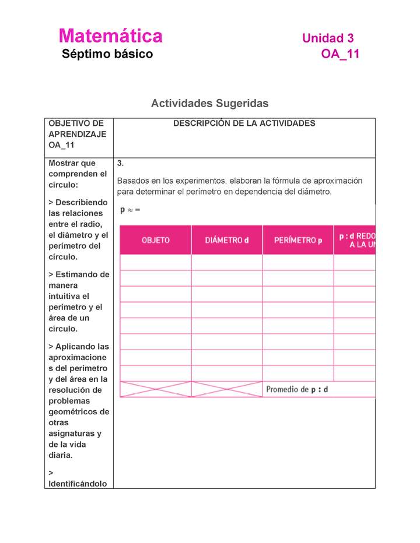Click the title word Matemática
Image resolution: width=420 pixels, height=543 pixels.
point(110,36)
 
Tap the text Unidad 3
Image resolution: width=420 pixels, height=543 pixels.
point(327,38)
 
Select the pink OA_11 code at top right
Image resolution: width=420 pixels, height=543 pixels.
point(340,54)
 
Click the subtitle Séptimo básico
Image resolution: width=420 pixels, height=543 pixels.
point(107,54)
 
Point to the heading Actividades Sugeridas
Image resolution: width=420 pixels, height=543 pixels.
point(209,103)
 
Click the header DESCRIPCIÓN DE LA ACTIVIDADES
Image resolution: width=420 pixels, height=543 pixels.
point(244,124)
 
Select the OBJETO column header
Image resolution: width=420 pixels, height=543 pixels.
point(155,240)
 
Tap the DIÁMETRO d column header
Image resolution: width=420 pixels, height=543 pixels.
point(226,240)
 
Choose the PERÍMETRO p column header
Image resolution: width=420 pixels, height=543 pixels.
point(297,240)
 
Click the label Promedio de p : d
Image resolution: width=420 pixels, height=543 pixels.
point(296,389)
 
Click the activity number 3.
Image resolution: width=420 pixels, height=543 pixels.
point(120,163)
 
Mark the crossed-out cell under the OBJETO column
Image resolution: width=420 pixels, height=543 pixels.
point(155,389)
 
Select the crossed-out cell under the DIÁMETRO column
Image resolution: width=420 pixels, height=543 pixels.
point(226,389)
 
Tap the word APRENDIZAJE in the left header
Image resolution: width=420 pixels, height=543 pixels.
point(77,134)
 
